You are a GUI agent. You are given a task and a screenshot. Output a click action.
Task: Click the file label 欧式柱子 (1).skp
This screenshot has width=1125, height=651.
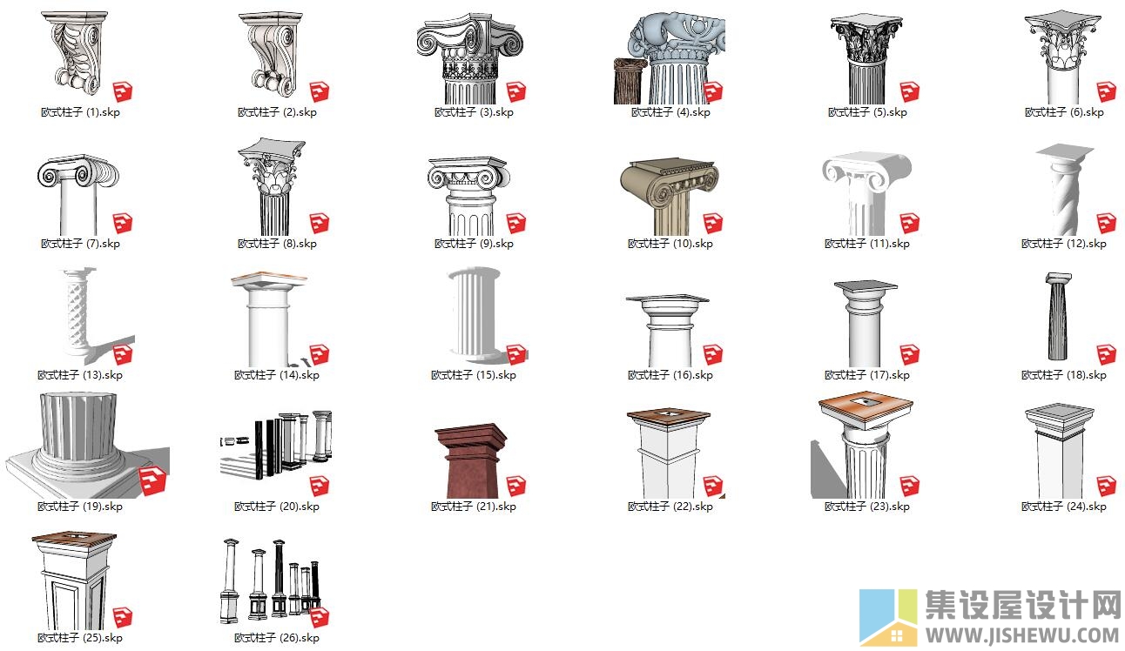click(80, 112)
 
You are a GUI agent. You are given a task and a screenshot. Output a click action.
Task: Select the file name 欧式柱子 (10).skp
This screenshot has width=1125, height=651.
click(670, 244)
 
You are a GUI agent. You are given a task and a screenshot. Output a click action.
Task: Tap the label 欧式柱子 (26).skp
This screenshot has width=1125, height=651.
click(277, 637)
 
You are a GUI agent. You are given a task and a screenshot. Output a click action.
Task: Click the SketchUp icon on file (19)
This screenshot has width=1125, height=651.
click(152, 481)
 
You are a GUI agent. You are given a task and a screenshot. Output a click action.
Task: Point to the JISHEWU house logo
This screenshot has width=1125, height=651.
click(888, 617)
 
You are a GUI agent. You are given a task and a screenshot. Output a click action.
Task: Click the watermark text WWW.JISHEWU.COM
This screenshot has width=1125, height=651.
click(1022, 635)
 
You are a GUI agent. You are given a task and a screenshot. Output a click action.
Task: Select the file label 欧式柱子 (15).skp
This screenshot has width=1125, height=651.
click(474, 375)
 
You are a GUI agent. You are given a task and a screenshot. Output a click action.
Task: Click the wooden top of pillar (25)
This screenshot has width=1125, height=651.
click(74, 539)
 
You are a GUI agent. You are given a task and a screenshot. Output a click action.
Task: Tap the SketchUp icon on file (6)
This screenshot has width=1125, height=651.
click(1107, 92)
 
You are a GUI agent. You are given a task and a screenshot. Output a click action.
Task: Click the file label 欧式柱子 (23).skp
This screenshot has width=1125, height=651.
click(867, 507)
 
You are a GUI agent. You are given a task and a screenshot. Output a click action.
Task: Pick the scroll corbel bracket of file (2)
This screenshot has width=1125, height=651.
click(271, 54)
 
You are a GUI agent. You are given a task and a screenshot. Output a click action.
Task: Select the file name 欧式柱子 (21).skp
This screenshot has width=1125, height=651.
click(474, 507)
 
